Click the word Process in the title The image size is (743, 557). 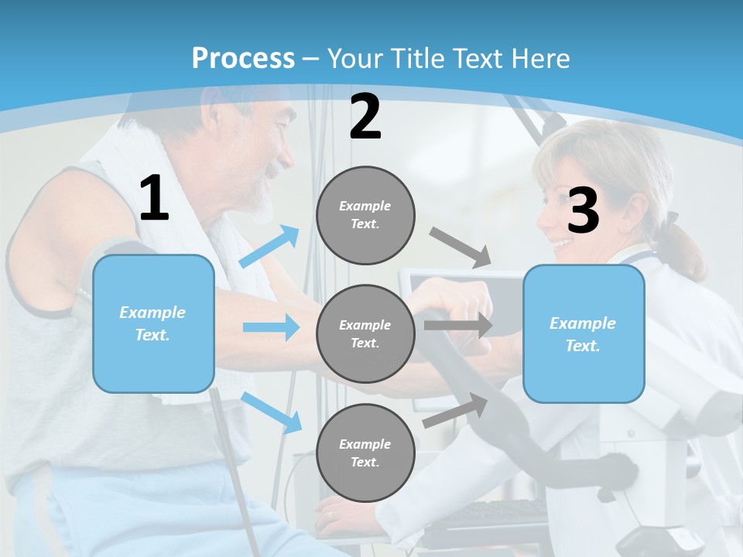pos(243,58)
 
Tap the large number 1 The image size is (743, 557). pos(154,200)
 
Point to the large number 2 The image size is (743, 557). pos(365,118)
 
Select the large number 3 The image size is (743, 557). pos(584,211)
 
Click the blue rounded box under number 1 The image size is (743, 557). pos(153,323)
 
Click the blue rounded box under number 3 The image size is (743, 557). pos(584,333)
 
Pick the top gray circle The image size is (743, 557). pos(365,215)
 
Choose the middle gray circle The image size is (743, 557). pos(365,333)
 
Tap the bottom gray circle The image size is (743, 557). pos(365,453)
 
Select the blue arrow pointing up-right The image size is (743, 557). pos(270,246)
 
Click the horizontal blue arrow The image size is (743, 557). pos(271,327)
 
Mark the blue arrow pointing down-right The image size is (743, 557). pos(272,412)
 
